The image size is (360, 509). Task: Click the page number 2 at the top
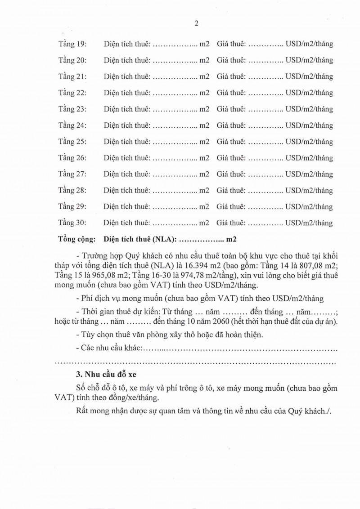click(197, 24)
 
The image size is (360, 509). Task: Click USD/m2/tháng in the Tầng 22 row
click(309, 93)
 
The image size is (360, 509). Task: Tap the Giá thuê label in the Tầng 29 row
click(231, 207)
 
